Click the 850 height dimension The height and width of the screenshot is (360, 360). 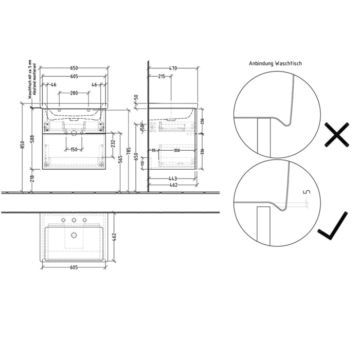22,146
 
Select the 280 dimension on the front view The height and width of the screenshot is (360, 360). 74,93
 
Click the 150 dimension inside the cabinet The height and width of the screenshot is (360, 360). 74,150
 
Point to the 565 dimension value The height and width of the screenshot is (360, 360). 120,160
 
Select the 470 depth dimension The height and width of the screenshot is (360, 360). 173,68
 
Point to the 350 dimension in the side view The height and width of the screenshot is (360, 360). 176,150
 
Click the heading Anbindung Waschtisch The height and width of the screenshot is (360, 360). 275,64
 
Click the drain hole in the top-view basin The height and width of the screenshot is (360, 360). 74,236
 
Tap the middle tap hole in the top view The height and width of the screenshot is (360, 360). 74,221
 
